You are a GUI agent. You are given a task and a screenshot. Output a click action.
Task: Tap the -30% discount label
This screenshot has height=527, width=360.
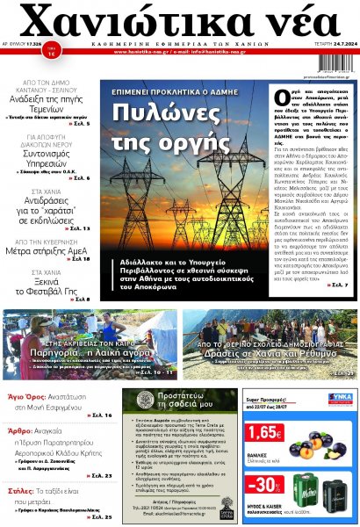[x=264, y=485]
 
